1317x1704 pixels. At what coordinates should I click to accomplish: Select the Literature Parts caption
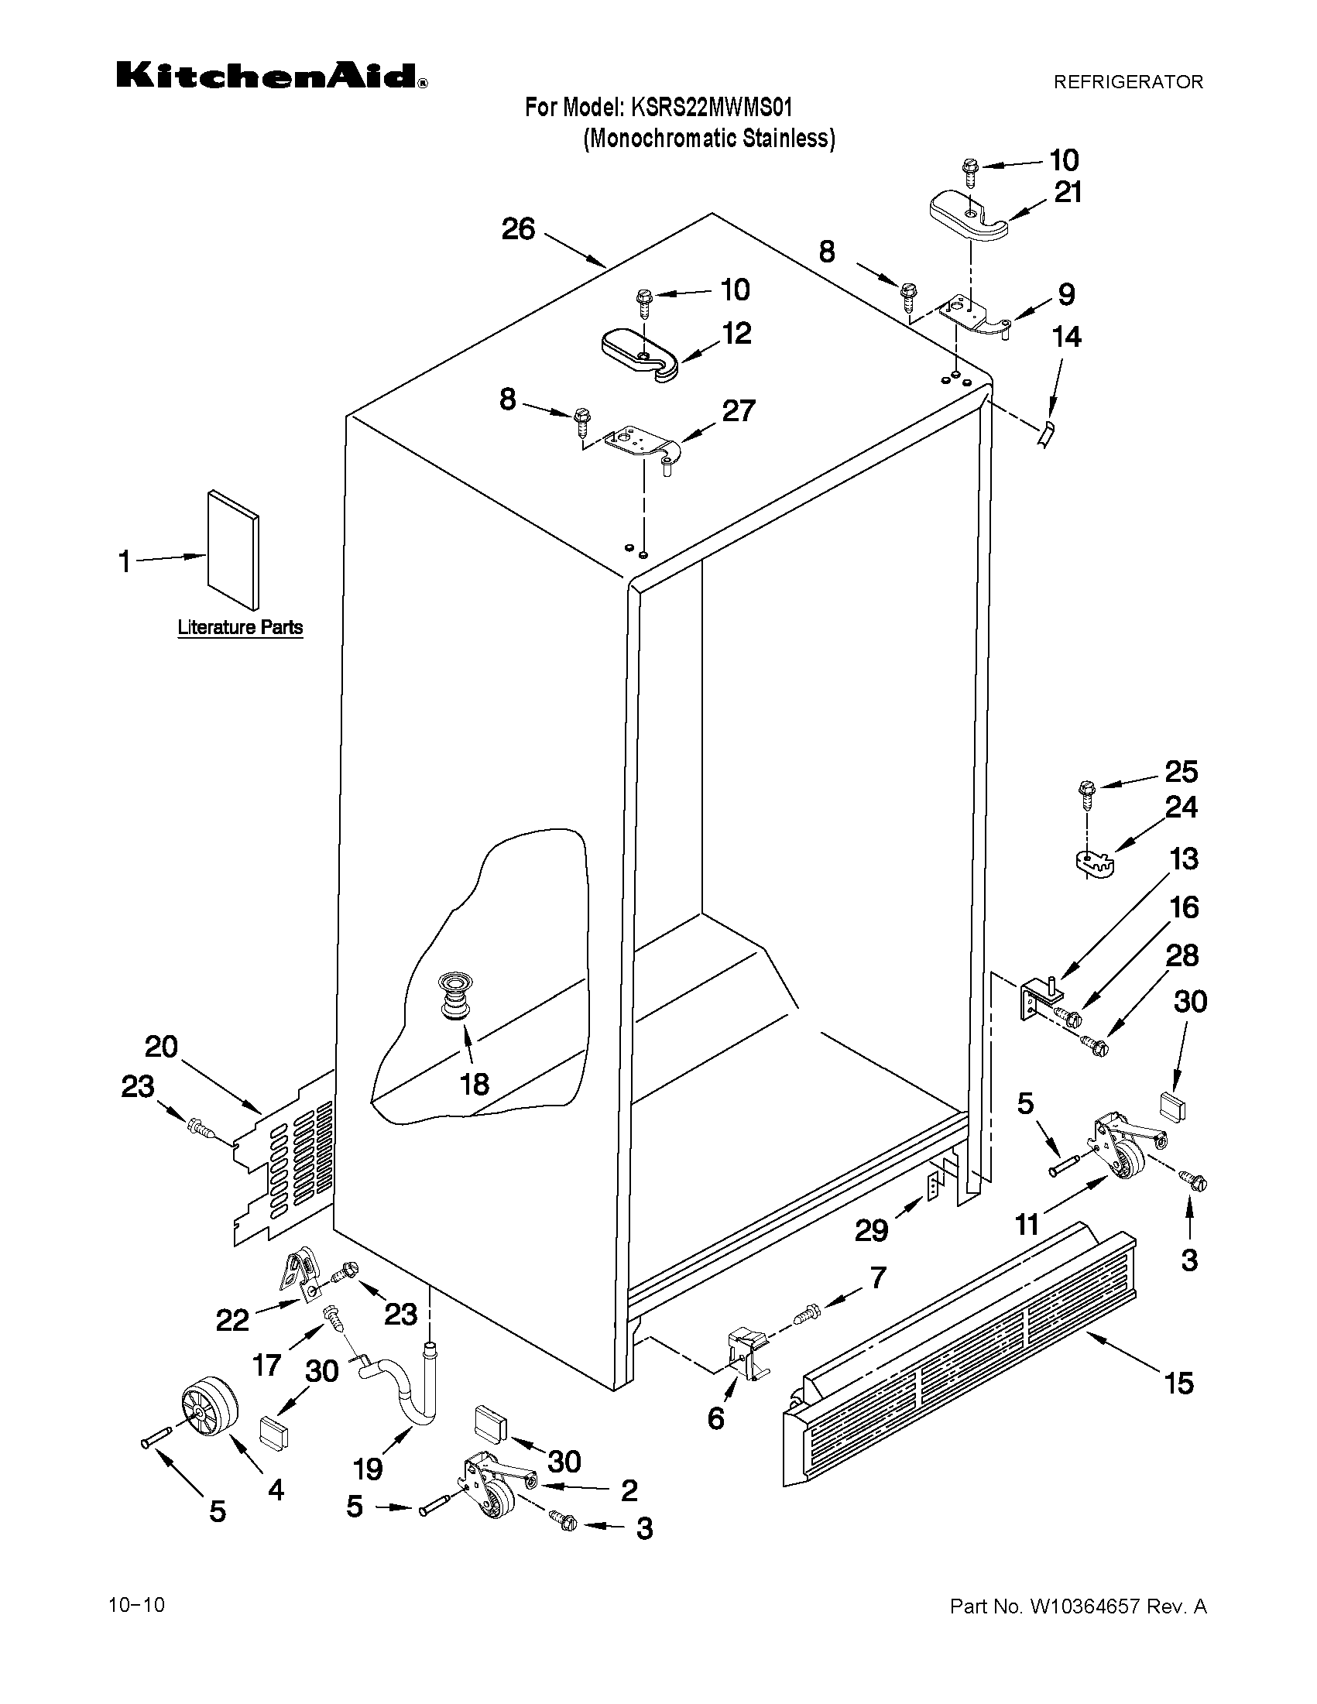tap(239, 627)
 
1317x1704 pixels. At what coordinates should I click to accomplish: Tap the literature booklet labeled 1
tap(232, 550)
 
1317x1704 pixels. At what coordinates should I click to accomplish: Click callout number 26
tap(518, 229)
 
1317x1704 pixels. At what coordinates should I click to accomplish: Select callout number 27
tap(738, 411)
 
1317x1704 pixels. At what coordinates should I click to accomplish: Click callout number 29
tap(871, 1230)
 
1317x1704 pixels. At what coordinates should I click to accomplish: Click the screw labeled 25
tap(1085, 791)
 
